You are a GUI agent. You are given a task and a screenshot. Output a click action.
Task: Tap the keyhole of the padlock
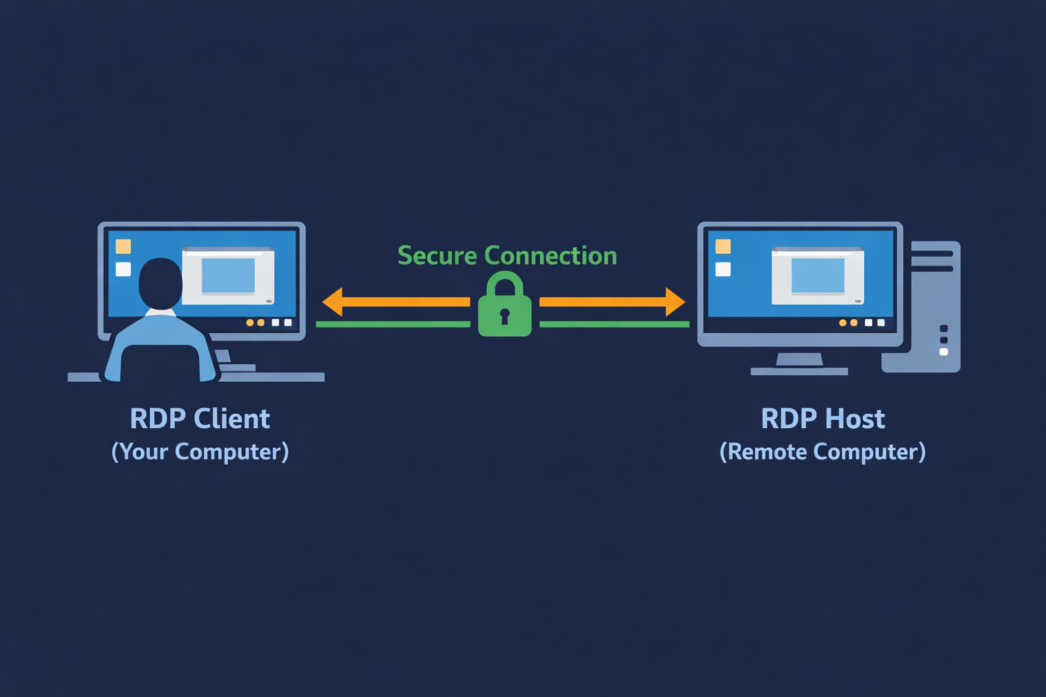tap(505, 316)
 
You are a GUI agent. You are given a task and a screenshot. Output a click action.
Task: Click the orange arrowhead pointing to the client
tap(332, 302)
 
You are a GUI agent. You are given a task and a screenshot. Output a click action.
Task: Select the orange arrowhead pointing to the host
tap(675, 302)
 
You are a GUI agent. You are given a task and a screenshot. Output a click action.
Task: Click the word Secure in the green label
tap(437, 256)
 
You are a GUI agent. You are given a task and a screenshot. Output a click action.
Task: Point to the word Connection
tap(550, 256)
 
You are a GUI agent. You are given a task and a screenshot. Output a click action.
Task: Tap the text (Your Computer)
tap(200, 452)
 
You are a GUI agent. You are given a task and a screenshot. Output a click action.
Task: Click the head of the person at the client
tap(161, 283)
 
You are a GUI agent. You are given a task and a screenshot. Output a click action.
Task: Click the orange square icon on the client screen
tap(123, 246)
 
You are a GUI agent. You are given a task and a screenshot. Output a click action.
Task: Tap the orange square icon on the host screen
tap(723, 246)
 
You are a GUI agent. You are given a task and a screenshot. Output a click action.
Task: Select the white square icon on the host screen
tap(723, 269)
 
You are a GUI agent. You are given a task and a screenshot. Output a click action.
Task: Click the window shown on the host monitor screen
tap(818, 276)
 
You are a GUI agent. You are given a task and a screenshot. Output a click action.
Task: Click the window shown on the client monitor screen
tap(228, 276)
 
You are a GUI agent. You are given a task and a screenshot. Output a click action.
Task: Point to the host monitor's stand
tap(799, 361)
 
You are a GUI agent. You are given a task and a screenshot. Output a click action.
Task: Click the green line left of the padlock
tap(393, 325)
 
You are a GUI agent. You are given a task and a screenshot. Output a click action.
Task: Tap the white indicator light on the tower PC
tap(944, 352)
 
